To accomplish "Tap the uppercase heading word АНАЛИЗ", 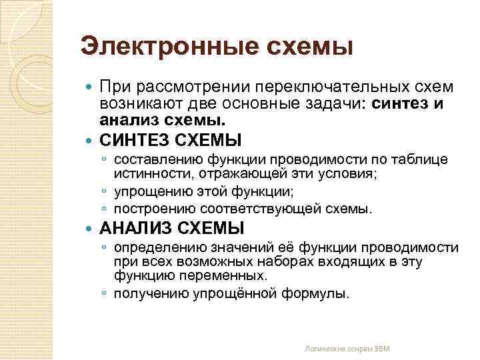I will coord(137,229).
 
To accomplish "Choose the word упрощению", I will coord(148,191).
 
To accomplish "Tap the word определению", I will coord(157,247).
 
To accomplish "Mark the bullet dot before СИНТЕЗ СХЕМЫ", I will coord(91,141).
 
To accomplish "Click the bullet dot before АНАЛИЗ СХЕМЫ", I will coord(91,229).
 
